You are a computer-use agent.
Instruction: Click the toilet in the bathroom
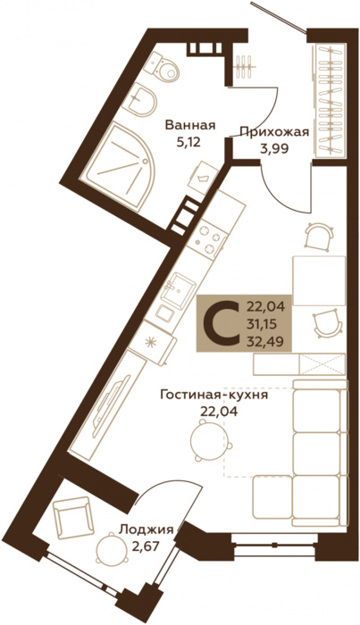164,66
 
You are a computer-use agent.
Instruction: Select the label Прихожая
274,132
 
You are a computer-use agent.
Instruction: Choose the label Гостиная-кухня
213,394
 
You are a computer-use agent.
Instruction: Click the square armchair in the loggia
71,517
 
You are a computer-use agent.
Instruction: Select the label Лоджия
146,528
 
